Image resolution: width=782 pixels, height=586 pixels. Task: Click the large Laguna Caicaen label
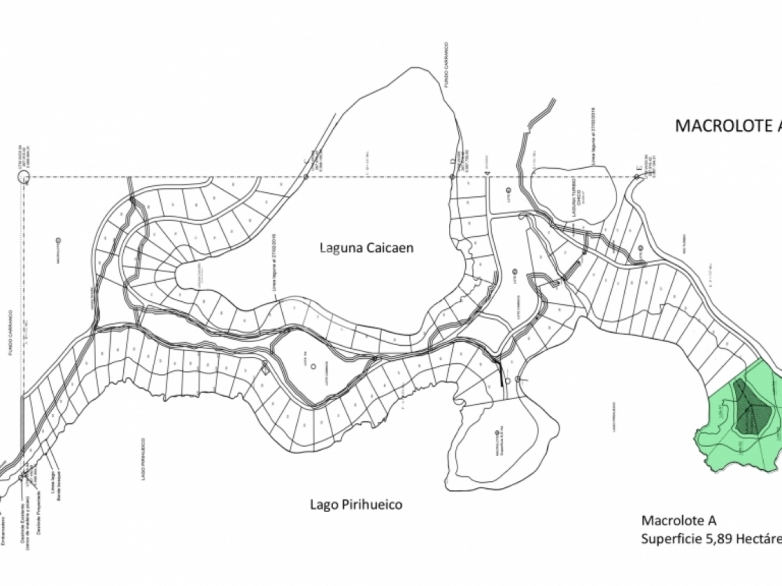[x=366, y=248]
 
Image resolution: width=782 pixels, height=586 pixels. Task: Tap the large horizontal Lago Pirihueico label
[x=356, y=504]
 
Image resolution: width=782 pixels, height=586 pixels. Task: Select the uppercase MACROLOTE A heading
[x=727, y=126]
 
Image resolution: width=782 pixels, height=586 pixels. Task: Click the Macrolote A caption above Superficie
[x=679, y=520]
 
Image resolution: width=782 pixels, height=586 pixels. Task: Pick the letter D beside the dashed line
[x=452, y=161]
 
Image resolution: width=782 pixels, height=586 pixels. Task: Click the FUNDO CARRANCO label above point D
[x=446, y=64]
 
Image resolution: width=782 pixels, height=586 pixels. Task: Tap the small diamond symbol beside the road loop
[x=265, y=368]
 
